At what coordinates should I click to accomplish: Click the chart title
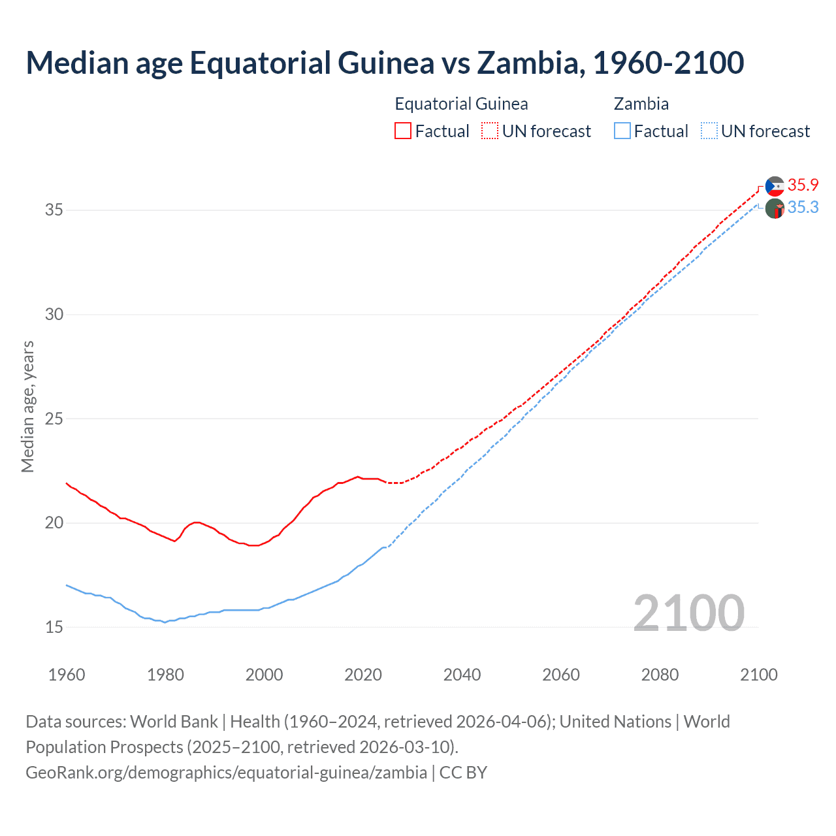385,63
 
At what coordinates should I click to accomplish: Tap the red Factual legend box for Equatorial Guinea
403,131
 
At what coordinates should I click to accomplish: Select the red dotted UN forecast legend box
490,131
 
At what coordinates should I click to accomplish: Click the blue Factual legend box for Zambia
622,131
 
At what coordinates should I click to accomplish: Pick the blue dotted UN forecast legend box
709,131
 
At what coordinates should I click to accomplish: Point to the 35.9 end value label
803,185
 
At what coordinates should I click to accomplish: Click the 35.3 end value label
803,208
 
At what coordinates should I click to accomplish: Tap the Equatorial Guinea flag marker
775,186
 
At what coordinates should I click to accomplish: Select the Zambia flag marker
775,209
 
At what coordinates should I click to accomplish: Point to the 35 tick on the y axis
54,210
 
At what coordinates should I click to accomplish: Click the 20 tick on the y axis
54,523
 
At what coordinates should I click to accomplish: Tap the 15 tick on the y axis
54,628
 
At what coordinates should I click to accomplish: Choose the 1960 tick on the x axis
67,675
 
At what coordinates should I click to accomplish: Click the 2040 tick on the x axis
462,675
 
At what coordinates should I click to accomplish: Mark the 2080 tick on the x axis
660,675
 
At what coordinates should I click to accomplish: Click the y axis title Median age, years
27,406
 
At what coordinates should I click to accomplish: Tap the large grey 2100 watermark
688,613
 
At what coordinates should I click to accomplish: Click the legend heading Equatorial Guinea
461,104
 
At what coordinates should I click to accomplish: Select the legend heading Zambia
641,104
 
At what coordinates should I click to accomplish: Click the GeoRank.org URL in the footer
226,772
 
